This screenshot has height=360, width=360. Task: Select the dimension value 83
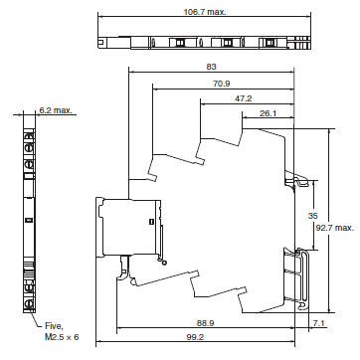212,66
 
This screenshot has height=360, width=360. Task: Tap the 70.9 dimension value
221,83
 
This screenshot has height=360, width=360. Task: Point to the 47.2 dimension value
242,98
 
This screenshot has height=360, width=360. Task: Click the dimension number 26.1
268,113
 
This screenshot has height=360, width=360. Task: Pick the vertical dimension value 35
312,215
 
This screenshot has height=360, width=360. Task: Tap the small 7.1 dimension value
317,323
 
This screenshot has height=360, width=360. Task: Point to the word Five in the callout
53,325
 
